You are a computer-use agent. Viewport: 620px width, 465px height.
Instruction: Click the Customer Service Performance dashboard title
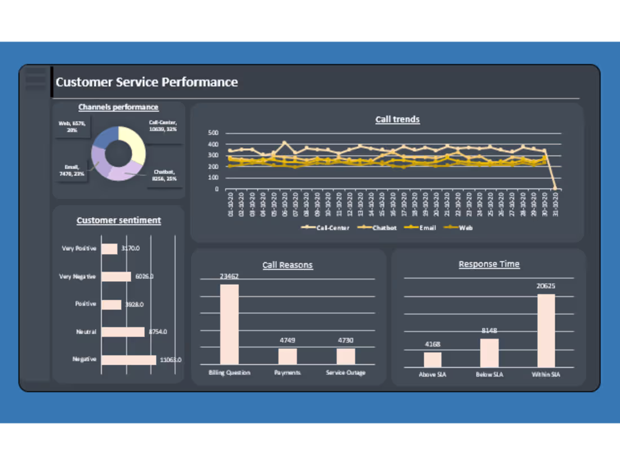pyautogui.click(x=147, y=82)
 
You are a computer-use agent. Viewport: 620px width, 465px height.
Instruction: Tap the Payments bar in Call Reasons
pyautogui.click(x=287, y=356)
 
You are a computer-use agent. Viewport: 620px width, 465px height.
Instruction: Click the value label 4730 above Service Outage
pyautogui.click(x=346, y=340)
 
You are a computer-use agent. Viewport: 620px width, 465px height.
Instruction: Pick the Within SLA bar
pyautogui.click(x=546, y=331)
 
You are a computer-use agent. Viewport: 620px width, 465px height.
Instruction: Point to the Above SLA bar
pyautogui.click(x=432, y=360)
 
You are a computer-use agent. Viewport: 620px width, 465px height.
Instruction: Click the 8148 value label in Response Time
pyautogui.click(x=489, y=331)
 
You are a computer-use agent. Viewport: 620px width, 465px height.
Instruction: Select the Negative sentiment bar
pyautogui.click(x=129, y=360)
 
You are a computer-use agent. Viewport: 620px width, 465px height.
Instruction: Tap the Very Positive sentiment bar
pyautogui.click(x=109, y=249)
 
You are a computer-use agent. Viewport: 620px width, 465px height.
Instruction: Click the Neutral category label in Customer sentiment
pyautogui.click(x=86, y=332)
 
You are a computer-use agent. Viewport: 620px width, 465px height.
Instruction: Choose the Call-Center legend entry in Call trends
pyautogui.click(x=326, y=228)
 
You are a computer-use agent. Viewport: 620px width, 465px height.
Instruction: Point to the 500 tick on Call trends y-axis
pyautogui.click(x=214, y=133)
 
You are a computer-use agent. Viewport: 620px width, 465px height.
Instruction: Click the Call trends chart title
pyautogui.click(x=397, y=119)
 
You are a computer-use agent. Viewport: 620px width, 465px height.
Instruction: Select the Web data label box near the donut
pyautogui.click(x=72, y=126)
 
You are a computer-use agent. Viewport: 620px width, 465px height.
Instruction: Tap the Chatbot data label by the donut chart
pyautogui.click(x=164, y=175)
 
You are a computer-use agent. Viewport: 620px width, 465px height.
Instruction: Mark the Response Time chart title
pyautogui.click(x=489, y=264)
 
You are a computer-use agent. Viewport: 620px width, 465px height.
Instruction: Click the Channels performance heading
pyautogui.click(x=118, y=107)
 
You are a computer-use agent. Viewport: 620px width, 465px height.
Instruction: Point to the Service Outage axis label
pyautogui.click(x=346, y=373)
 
